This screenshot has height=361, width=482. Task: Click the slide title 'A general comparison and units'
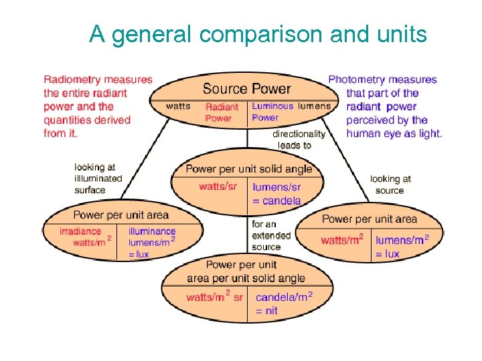pos(258,33)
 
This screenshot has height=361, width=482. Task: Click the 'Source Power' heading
pos(246,89)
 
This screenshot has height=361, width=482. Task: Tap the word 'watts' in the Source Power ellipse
pos(178,106)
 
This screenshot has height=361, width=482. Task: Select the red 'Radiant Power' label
pos(221,112)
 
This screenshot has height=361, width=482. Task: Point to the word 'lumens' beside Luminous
pos(315,106)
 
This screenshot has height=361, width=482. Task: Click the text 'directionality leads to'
pos(298,139)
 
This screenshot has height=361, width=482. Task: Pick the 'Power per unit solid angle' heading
pos(249,169)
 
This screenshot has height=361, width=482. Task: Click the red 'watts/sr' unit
pos(218,185)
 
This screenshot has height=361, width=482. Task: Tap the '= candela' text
pos(276,201)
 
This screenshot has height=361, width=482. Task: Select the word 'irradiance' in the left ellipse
pos(80,231)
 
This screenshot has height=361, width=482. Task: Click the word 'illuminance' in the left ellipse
pos(152,231)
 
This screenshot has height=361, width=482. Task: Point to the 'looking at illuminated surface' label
pos(98,178)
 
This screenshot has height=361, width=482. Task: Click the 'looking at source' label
pos(390,185)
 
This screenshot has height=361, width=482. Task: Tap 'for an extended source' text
pos(271,235)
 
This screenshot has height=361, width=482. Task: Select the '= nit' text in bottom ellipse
pos(266,311)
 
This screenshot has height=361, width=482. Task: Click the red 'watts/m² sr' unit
pos(214,297)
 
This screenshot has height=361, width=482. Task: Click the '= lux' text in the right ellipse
pos(387,254)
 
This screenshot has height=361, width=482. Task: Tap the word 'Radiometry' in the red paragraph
pos(71,80)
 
